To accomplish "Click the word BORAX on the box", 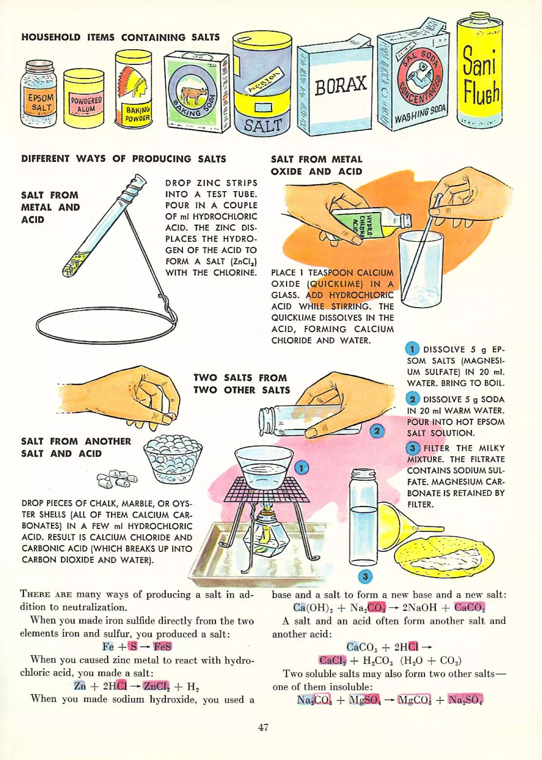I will click(x=340, y=85).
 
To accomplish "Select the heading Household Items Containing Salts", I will click(x=120, y=37).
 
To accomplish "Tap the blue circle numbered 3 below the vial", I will click(x=365, y=576).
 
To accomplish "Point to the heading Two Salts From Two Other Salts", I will click(x=242, y=384).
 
